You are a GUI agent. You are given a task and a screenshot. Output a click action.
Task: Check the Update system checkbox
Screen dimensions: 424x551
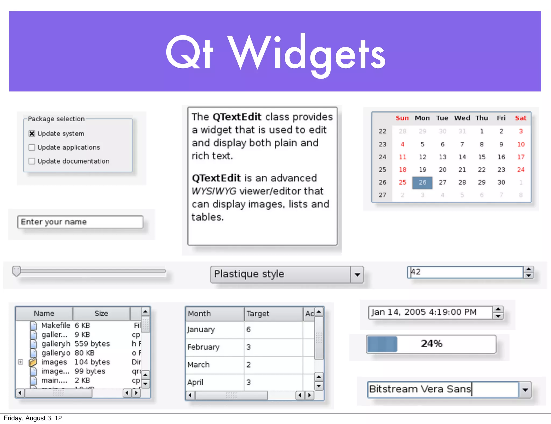coord(32,134)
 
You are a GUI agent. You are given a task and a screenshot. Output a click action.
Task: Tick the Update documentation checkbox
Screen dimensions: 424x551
coord(32,161)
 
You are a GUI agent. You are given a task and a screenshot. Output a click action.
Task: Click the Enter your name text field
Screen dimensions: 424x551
coord(80,222)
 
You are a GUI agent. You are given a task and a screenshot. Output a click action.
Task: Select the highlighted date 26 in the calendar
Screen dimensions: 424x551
coord(422,182)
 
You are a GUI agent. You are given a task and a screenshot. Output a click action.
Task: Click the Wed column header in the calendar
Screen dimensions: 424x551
coord(462,118)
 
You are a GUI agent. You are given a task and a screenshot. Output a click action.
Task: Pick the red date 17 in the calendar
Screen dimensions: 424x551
coord(521,157)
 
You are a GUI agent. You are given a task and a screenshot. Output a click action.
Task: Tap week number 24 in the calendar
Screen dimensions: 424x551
coord(382,157)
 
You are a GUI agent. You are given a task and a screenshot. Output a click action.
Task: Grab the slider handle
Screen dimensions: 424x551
coord(16,271)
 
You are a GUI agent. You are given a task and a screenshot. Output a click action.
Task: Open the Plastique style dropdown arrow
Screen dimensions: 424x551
coord(357,275)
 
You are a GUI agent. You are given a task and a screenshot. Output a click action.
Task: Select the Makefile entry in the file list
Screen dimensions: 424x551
coord(55,326)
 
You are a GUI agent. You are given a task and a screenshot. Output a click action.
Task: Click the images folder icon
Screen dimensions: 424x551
coord(33,362)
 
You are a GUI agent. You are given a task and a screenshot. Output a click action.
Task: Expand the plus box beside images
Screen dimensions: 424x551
coord(21,362)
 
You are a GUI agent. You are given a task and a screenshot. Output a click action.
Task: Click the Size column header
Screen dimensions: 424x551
coord(101,313)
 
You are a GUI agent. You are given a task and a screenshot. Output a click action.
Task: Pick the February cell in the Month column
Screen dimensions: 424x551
coord(203,347)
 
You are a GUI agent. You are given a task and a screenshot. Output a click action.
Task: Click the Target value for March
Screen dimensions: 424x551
coord(249,365)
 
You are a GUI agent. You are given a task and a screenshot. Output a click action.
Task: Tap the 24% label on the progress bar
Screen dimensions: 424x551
coord(432,344)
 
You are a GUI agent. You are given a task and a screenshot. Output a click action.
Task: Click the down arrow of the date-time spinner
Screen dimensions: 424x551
coord(498,316)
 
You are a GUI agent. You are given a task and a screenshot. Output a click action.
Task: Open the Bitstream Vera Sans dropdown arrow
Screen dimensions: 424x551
coord(525,390)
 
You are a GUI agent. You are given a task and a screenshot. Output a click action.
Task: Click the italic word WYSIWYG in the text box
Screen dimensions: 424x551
coord(214,191)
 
